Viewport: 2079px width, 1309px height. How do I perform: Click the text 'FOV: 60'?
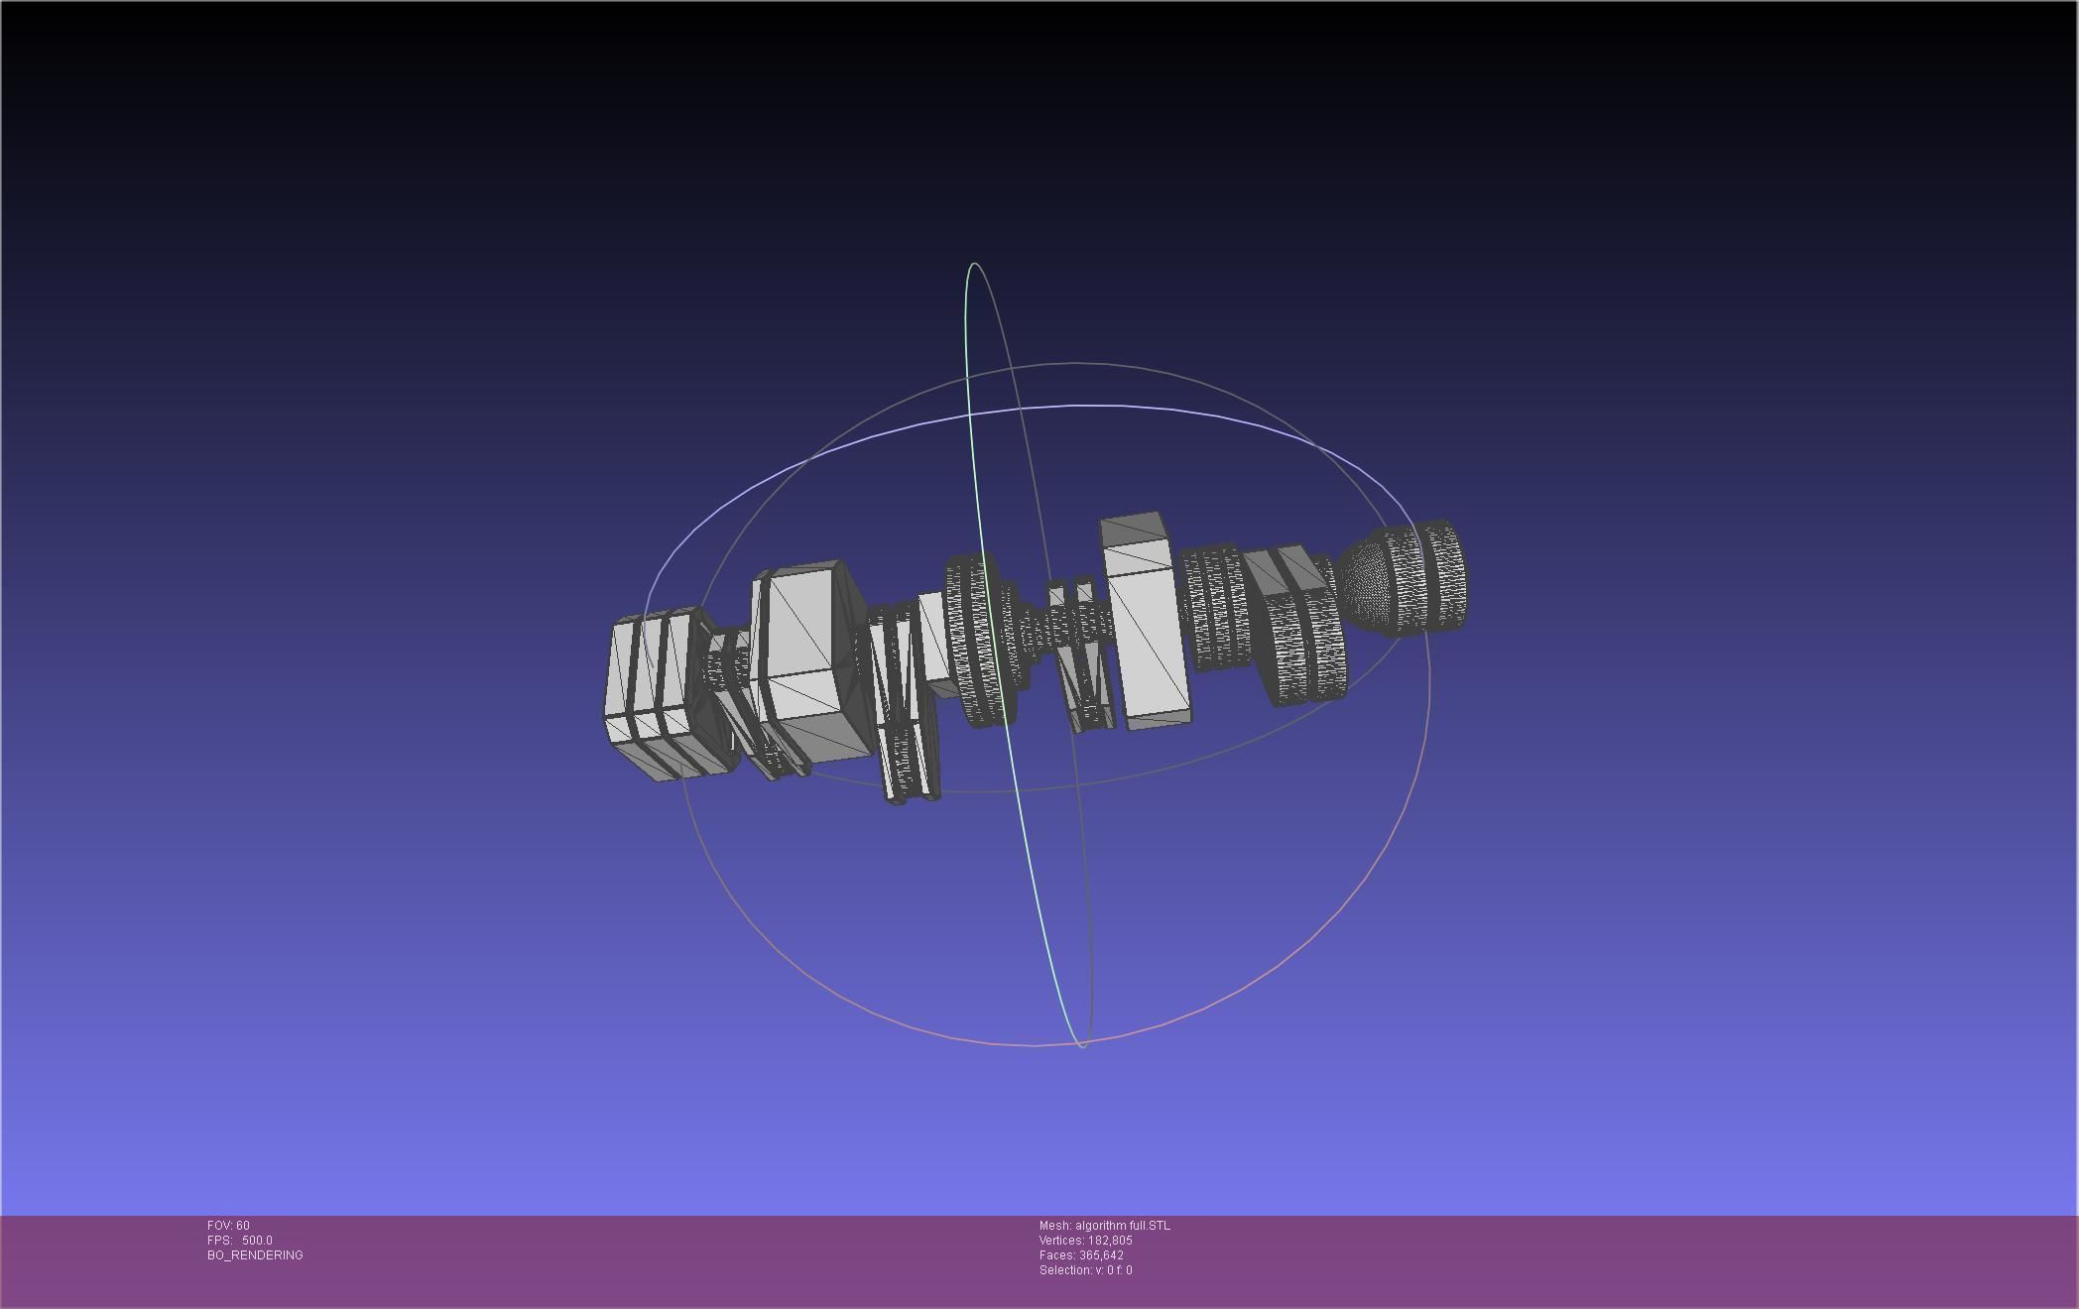[x=228, y=1226]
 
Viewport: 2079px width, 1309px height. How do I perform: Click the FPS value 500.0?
[x=257, y=1241]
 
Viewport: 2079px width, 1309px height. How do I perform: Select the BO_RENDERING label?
[x=255, y=1255]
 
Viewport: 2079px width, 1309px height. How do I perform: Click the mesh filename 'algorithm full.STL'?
[x=1122, y=1226]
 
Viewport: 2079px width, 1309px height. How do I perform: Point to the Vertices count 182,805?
[x=1108, y=1241]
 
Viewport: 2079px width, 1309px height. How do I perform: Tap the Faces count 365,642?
[x=1101, y=1255]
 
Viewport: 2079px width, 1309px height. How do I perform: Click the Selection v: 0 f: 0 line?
[x=1085, y=1270]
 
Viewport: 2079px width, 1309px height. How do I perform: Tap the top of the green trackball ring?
[x=975, y=264]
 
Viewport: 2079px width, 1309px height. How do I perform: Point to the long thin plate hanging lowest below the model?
[x=908, y=754]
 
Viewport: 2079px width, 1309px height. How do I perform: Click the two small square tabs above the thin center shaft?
[x=1070, y=593]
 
